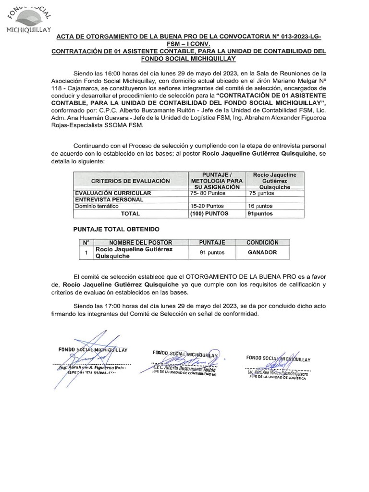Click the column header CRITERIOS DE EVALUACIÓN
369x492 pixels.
(128, 181)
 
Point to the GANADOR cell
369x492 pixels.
(262, 252)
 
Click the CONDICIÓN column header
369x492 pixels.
(262, 242)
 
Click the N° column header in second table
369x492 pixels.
(86, 242)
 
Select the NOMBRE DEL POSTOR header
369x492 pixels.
(140, 242)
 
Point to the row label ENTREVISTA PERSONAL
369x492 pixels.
(109, 199)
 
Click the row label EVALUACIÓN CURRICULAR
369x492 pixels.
(112, 193)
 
